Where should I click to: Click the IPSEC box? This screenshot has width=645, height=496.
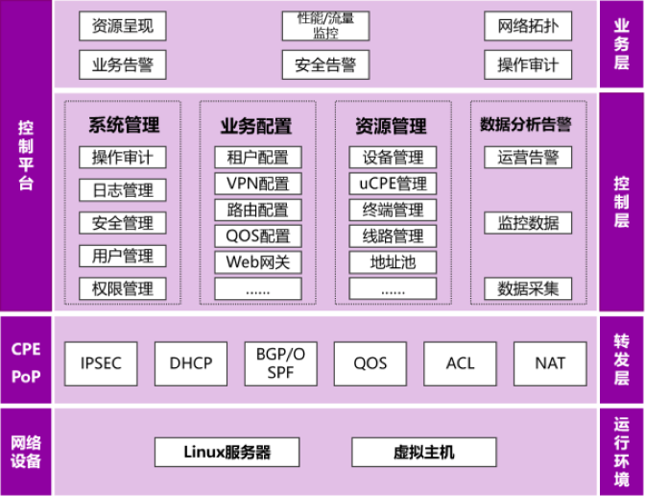pos(101,363)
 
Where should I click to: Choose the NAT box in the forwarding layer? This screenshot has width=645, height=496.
pos(550,363)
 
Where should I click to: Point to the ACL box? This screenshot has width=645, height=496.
pos(461,363)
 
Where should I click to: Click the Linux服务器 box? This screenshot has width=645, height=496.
pos(227,452)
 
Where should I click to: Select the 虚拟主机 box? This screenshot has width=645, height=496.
pos(424,452)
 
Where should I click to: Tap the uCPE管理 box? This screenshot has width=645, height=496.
pos(393,184)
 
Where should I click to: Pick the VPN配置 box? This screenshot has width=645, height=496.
pos(257,184)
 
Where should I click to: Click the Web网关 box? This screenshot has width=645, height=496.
pos(257,261)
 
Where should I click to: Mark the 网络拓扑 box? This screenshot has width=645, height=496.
pos(528,26)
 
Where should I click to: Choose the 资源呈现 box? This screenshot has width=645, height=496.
pos(122,26)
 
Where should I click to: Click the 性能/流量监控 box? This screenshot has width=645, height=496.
pos(325,26)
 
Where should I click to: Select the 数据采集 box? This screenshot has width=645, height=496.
pos(528,288)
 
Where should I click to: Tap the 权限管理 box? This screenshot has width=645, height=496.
pos(122,288)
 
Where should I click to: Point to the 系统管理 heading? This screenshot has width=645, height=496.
pos(123,125)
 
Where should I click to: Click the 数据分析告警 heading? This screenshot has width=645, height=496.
pos(526,125)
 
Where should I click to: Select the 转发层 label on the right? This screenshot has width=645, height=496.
pos(621,360)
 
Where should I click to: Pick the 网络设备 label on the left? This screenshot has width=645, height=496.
pos(26,452)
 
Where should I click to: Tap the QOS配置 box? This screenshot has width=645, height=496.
pos(257,236)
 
